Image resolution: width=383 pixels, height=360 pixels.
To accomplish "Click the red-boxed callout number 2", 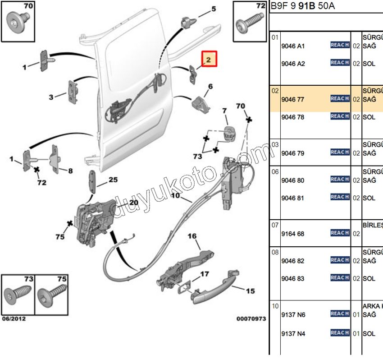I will coord(209,59).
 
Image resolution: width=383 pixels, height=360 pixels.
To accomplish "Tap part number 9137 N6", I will coord(292,314).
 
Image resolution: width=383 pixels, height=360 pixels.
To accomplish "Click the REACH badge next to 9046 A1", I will coord(340,45).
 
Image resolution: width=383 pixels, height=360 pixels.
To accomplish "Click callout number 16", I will coord(192,236).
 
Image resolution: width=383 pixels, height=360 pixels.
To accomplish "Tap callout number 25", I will coord(113,180).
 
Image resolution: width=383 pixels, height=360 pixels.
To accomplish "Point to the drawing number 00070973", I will coord(251,319).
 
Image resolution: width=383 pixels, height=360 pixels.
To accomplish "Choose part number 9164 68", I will coord(292,234).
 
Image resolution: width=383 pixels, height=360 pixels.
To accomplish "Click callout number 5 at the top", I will coord(214,9).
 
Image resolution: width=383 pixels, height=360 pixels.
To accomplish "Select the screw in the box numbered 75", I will coord(51,297).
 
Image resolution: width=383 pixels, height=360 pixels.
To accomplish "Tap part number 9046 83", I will coord(292,278).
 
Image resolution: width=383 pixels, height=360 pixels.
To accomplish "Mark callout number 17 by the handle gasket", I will coord(205,274).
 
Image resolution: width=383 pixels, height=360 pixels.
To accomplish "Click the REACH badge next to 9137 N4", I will coord(340,333).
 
